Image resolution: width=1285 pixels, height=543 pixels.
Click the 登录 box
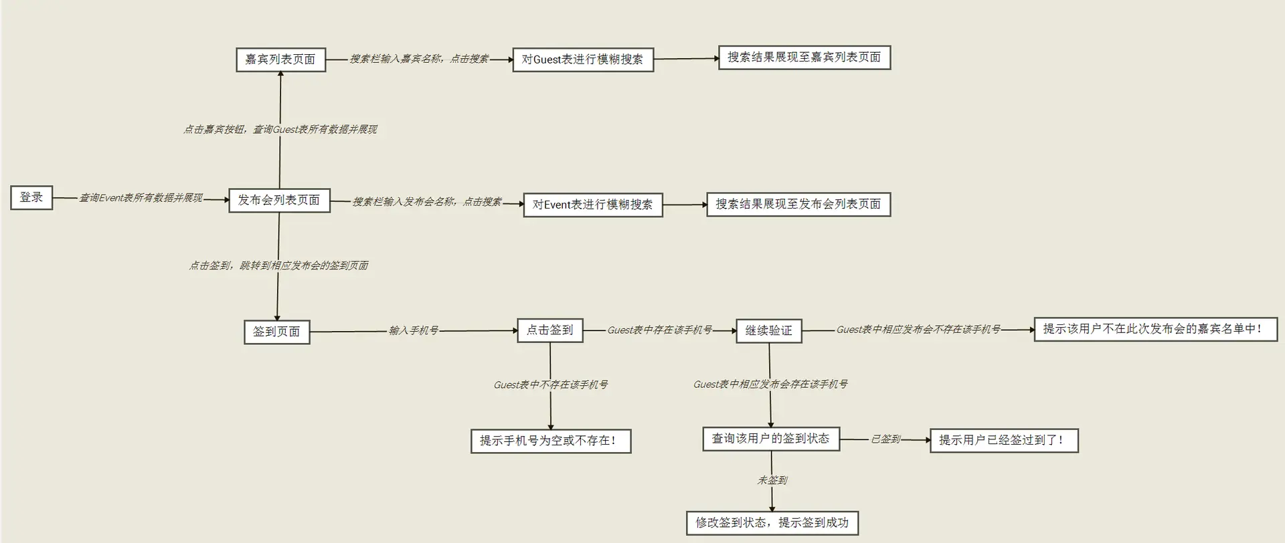click(x=31, y=198)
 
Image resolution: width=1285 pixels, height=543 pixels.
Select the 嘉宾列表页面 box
click(x=280, y=60)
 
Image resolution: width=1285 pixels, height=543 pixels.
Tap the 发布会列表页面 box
click(x=279, y=200)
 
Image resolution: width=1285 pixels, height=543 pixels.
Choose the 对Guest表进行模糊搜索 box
click(x=582, y=60)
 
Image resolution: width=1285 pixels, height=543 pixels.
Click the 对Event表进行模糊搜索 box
click(x=592, y=205)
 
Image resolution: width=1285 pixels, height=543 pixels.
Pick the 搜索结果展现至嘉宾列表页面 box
click(x=804, y=58)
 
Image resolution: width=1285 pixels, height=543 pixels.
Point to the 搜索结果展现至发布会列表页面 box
click(x=798, y=204)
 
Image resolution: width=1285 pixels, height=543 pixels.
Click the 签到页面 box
click(x=276, y=332)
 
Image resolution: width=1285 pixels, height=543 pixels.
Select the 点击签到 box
click(x=549, y=330)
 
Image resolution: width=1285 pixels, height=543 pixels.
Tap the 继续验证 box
click(x=768, y=331)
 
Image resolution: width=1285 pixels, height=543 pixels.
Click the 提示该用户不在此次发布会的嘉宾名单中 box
click(x=1155, y=329)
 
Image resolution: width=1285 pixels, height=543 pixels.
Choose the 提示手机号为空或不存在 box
click(x=551, y=441)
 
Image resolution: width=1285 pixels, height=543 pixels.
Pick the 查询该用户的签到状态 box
click(x=770, y=439)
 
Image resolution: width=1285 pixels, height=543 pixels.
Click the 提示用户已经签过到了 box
click(x=1003, y=440)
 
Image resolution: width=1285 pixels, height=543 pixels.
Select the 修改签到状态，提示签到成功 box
click(x=772, y=523)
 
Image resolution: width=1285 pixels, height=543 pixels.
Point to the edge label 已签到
click(x=885, y=440)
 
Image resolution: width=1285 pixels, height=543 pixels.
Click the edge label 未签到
click(x=772, y=480)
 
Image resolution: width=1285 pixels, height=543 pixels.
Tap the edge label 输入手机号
click(x=414, y=331)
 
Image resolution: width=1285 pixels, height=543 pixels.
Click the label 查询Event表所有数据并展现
click(x=141, y=198)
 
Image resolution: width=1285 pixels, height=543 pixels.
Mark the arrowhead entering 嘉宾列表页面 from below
click(x=280, y=74)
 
